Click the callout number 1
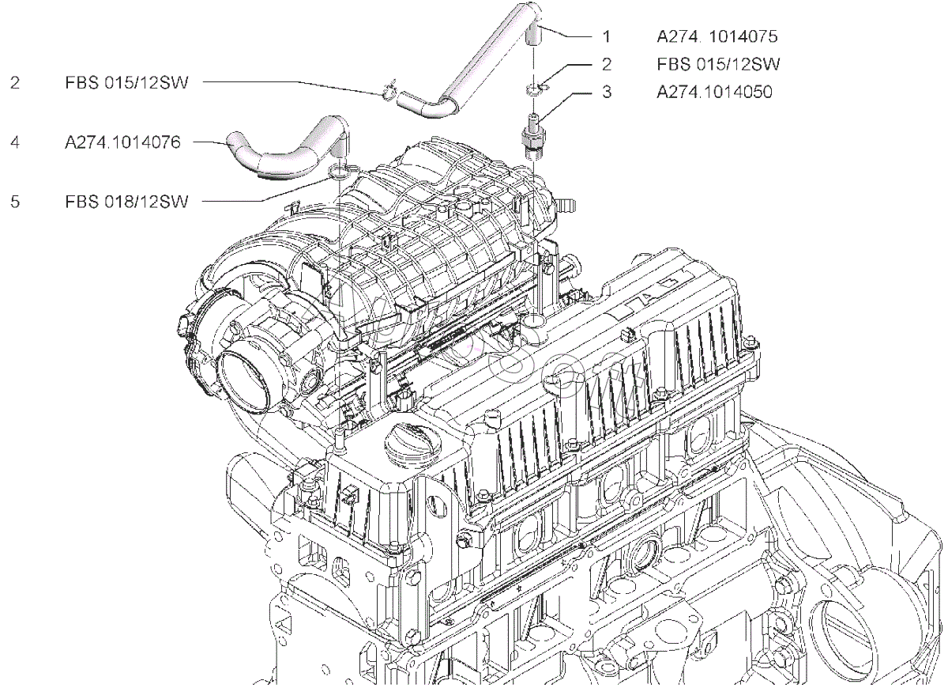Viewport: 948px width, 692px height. coord(606,36)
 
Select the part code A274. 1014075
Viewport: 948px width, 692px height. coord(717,36)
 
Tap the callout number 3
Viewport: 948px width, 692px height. coord(606,92)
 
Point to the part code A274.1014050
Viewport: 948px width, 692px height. coord(714,92)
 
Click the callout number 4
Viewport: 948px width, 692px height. coord(15,142)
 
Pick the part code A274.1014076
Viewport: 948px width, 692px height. coord(123,142)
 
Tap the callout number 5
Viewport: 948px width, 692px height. coord(15,202)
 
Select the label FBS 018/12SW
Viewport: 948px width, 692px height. coord(127,202)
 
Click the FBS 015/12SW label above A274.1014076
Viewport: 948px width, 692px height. coord(127,82)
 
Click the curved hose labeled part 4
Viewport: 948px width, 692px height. coord(284,150)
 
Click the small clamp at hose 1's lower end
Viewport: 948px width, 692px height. coord(388,94)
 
